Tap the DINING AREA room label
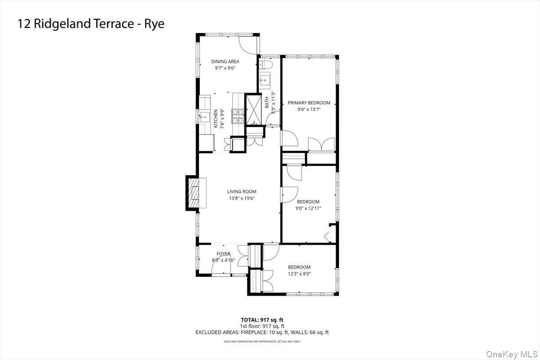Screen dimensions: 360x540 pos(225,62)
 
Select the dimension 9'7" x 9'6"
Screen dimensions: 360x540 pos(225,68)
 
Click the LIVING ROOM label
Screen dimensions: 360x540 pos(242,192)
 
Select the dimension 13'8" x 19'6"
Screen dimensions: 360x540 pos(242,198)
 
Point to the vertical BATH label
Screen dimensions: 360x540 pos(266,103)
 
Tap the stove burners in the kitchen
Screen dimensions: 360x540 pos(237,116)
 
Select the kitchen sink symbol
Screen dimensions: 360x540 pos(204,117)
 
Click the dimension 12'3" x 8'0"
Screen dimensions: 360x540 pos(299,274)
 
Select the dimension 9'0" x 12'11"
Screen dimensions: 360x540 pos(308,208)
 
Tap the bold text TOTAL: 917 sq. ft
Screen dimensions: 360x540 pos(262,320)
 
